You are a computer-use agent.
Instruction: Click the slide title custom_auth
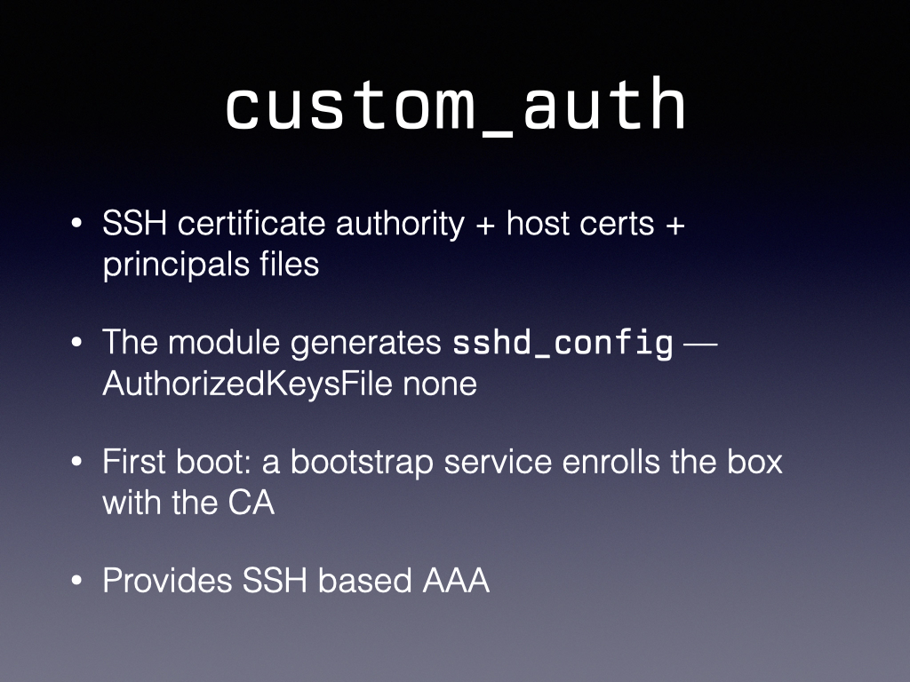(x=456, y=106)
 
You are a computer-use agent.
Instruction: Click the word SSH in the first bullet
(x=135, y=223)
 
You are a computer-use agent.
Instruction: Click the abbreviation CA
(x=251, y=503)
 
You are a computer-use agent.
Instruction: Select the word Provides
(x=167, y=581)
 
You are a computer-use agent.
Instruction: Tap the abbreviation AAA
(x=456, y=581)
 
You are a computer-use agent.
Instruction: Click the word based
(x=364, y=581)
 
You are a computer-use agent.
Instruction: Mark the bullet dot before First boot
(x=76, y=462)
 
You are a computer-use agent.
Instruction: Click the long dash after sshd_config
(x=700, y=345)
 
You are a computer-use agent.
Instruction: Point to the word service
(x=498, y=462)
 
